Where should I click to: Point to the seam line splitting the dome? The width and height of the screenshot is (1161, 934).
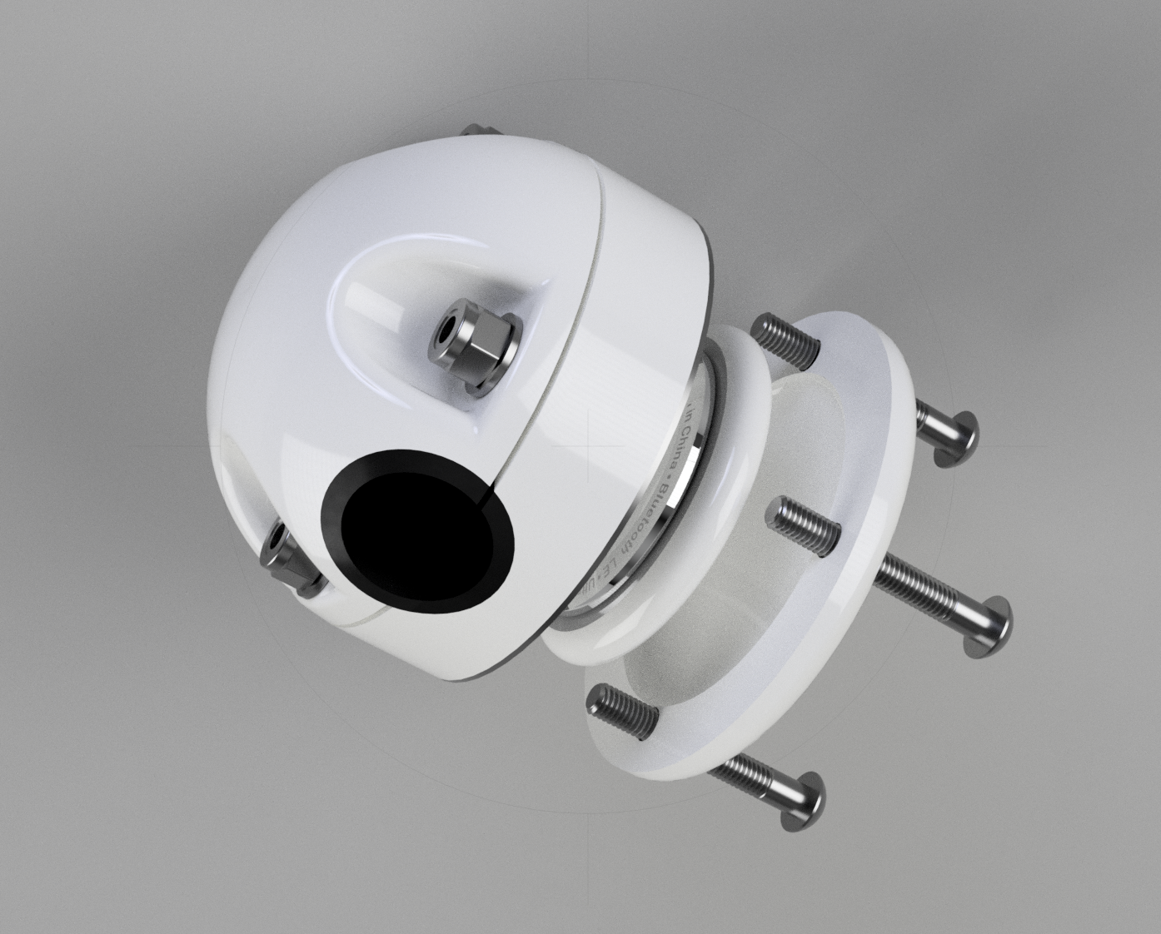(583, 333)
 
